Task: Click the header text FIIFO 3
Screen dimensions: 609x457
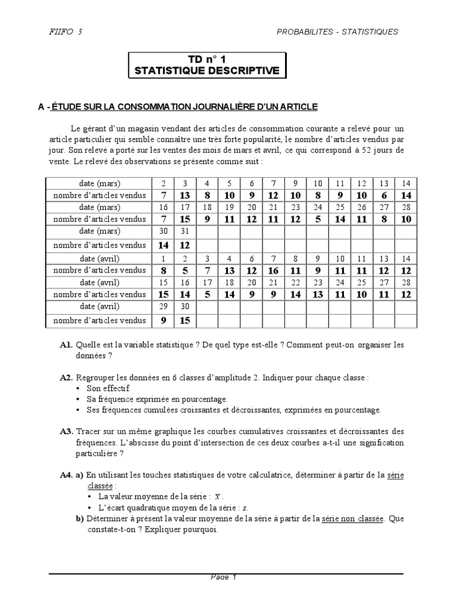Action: (65, 32)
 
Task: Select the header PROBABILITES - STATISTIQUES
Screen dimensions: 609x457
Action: (337, 32)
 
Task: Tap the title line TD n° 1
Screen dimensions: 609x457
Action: (207, 59)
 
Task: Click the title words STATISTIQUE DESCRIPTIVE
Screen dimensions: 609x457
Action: (207, 71)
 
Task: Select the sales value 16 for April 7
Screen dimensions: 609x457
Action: (274, 271)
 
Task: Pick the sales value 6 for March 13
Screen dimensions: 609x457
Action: (383, 195)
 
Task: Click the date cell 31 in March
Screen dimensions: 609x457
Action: (185, 231)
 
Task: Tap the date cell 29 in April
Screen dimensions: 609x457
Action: (163, 306)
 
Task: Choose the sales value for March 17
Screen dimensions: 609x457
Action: (185, 219)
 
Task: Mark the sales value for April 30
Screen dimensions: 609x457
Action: (185, 321)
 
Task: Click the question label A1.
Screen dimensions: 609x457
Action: (66, 345)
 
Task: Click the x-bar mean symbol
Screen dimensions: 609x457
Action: (218, 497)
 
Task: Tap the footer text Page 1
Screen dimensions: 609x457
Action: (224, 577)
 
